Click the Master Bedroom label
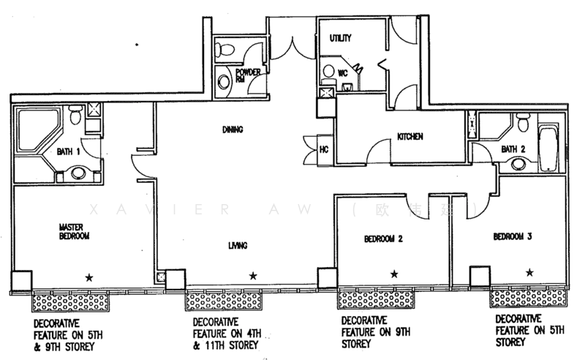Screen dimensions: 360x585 (74, 232)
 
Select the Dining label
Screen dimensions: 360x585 (233, 130)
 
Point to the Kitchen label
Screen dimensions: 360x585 (410, 137)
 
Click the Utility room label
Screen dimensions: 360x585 (341, 37)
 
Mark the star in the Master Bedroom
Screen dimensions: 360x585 (90, 277)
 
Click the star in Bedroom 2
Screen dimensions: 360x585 (394, 274)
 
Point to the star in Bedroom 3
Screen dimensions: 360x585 (529, 272)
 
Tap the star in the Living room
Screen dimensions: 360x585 (252, 276)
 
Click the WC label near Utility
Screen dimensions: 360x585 (343, 72)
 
